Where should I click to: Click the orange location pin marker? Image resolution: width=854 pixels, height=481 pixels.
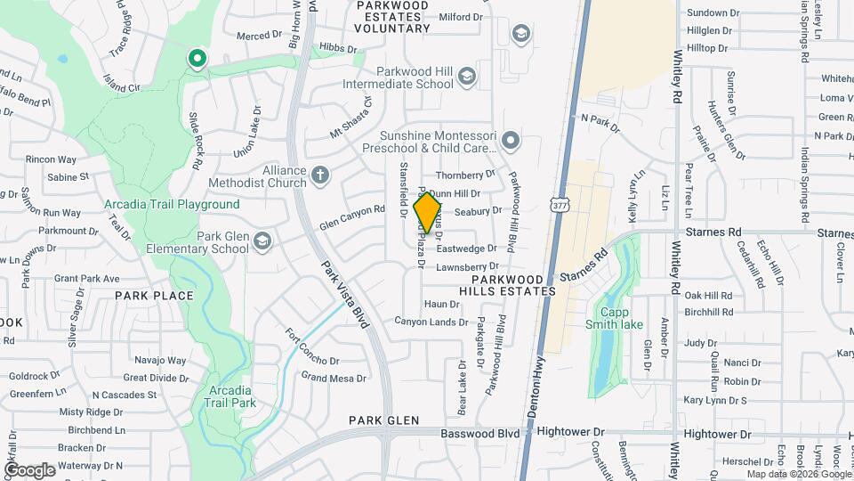[x=428, y=213]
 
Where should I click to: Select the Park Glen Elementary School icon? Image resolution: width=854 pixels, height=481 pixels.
[x=262, y=240]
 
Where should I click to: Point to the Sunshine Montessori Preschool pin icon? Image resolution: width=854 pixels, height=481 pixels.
[x=510, y=140]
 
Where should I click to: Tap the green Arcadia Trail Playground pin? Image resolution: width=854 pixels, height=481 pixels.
[x=197, y=60]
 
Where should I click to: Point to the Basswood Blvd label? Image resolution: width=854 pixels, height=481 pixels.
[x=484, y=432]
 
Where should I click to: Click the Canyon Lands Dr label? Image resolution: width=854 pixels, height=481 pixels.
[x=425, y=321]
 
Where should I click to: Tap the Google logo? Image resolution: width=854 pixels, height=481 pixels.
[x=29, y=469]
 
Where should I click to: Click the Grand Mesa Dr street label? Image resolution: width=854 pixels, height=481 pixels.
[x=334, y=378]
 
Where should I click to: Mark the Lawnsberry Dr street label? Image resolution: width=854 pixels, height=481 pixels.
[x=467, y=266]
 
